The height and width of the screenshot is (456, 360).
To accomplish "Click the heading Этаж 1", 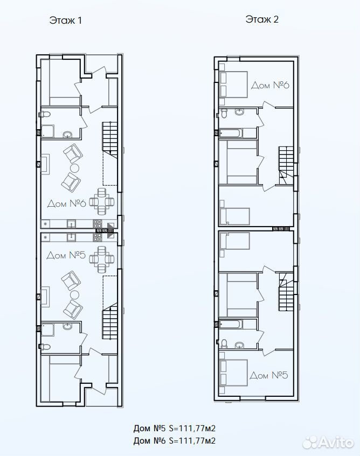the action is (x=66, y=20).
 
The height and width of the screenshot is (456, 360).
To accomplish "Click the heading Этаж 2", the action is (x=262, y=19).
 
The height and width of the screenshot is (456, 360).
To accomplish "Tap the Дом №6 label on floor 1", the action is (x=67, y=203).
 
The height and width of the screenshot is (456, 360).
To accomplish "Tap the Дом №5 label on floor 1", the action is (x=66, y=255).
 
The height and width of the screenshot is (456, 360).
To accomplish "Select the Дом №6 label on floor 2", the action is (x=270, y=85).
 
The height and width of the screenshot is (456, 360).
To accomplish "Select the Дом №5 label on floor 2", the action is (x=269, y=375).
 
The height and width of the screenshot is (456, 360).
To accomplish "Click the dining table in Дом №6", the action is (x=101, y=201).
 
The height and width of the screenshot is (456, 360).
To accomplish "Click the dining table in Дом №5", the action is (x=101, y=259).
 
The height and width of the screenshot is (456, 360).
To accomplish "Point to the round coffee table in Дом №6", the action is (x=74, y=168).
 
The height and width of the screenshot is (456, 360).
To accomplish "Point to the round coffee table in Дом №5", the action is (x=74, y=294).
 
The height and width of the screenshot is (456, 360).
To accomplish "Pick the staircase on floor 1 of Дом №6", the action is (x=110, y=139).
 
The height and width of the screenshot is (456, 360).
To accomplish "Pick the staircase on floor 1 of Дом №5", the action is (x=110, y=321).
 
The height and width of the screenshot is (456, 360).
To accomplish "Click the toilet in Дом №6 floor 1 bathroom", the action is (x=44, y=114).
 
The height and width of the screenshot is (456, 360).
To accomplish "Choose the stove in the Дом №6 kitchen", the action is (x=98, y=223).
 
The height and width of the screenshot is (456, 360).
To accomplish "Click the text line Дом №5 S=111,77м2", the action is (x=174, y=428).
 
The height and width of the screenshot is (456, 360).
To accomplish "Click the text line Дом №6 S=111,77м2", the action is (x=174, y=440).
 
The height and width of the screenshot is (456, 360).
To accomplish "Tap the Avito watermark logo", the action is (x=328, y=443).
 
